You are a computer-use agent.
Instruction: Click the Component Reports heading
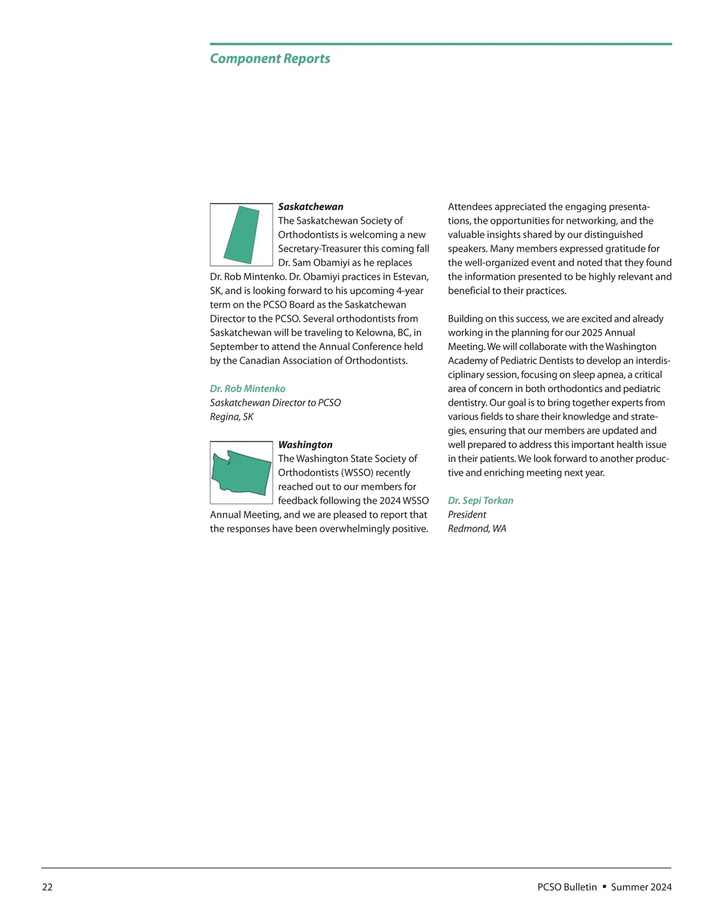[270, 58]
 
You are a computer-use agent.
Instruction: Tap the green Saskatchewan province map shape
[242, 235]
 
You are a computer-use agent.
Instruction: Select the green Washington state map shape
[241, 473]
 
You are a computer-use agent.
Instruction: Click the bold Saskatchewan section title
[311, 206]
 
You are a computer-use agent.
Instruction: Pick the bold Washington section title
[305, 444]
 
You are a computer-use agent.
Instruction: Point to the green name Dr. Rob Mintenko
[248, 389]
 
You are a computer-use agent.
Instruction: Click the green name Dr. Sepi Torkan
[480, 500]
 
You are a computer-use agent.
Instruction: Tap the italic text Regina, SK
[231, 416]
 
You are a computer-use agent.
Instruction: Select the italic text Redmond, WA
[477, 528]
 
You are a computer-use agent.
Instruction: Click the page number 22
[47, 887]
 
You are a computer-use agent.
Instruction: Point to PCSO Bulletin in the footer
[566, 887]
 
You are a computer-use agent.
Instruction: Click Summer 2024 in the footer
[641, 887]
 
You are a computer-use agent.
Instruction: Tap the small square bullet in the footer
[604, 887]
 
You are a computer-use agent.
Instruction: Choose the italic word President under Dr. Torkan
[466, 515]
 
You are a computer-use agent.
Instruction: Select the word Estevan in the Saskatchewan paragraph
[410, 277]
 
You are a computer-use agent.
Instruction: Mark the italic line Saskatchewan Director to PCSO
[275, 403]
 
